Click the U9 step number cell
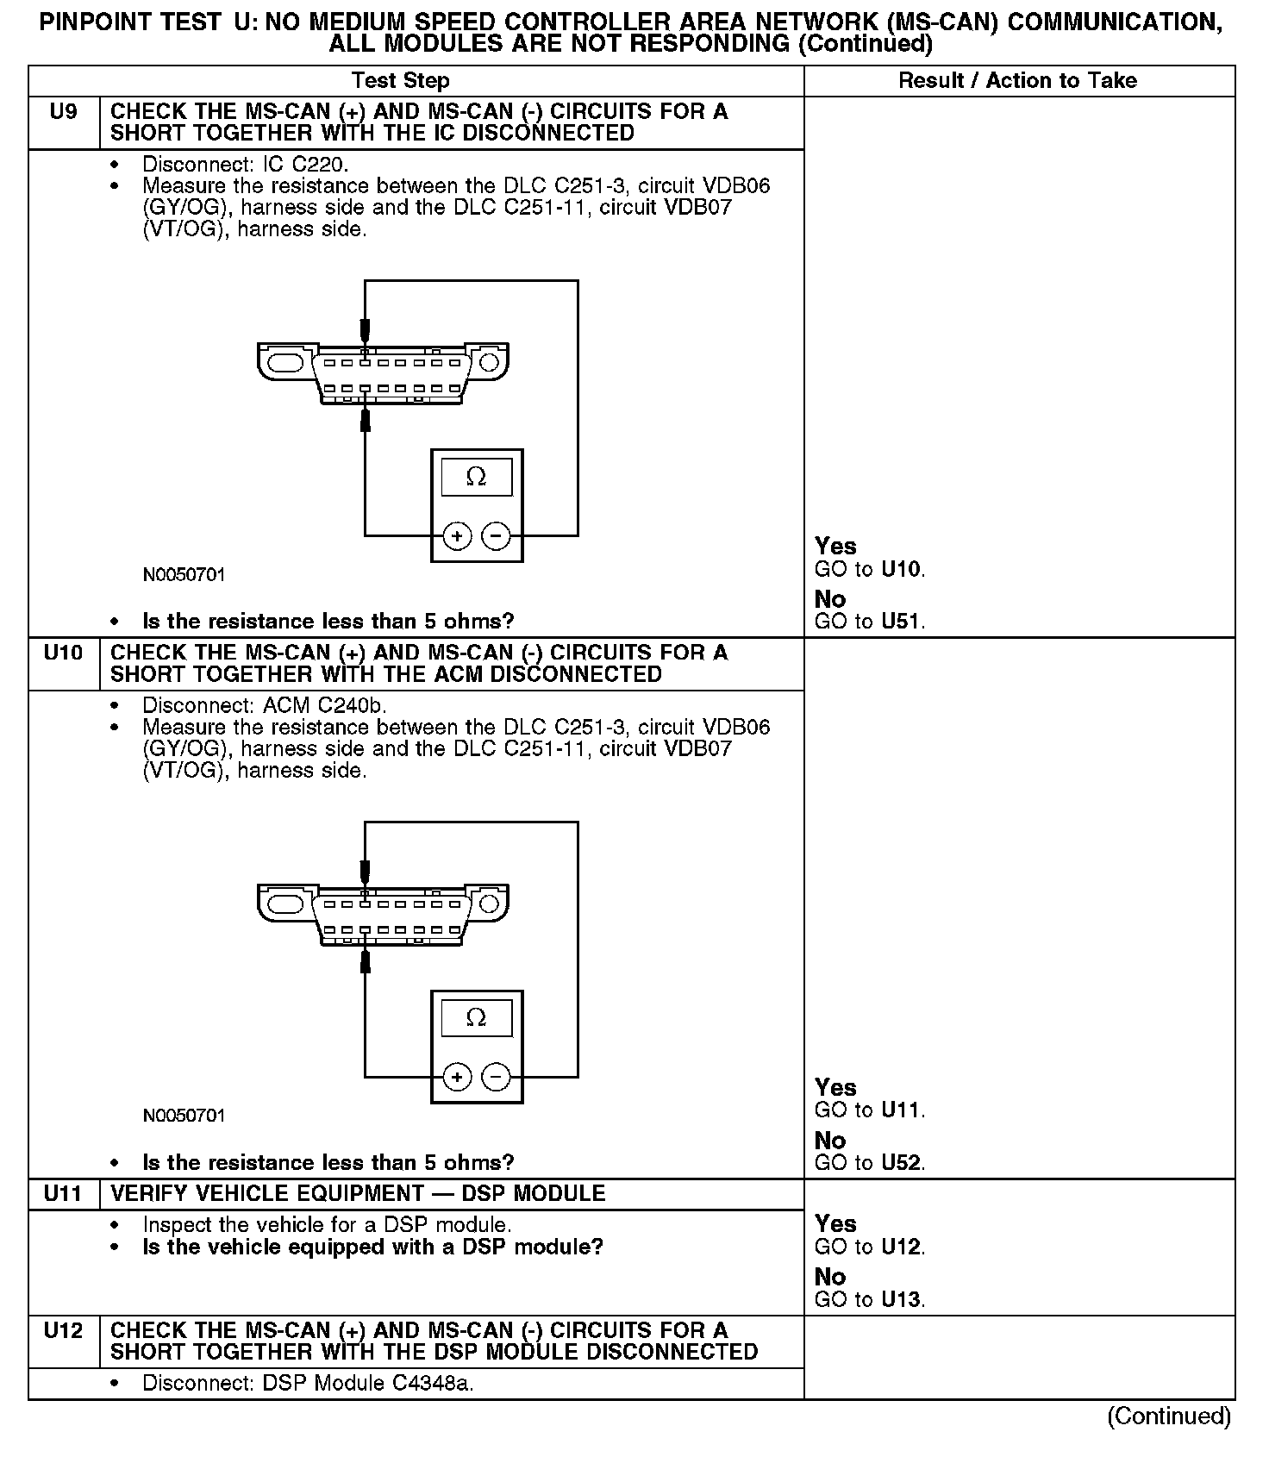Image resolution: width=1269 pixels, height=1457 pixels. [x=63, y=112]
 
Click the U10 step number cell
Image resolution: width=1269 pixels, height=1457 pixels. [x=63, y=653]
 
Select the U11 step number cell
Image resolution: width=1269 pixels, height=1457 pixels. [x=63, y=1194]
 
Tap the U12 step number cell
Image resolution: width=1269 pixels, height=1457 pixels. [x=63, y=1330]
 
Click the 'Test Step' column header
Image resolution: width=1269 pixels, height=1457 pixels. [x=400, y=81]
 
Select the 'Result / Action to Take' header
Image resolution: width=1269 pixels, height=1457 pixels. [x=1017, y=81]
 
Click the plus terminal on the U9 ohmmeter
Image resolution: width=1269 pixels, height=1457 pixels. [x=456, y=536]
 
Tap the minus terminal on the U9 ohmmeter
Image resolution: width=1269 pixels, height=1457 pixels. [x=496, y=536]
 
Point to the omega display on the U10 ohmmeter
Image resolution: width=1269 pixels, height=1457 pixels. [x=476, y=1018]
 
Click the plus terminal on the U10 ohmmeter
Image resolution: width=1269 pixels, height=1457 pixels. [x=456, y=1077]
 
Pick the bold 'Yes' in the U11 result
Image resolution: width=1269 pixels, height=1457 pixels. [x=835, y=1224]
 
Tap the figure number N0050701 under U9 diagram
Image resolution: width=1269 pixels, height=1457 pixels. [x=184, y=575]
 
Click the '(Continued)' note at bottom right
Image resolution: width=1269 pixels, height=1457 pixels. [x=1168, y=1416]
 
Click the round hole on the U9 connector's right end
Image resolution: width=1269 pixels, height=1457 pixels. [x=489, y=361]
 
